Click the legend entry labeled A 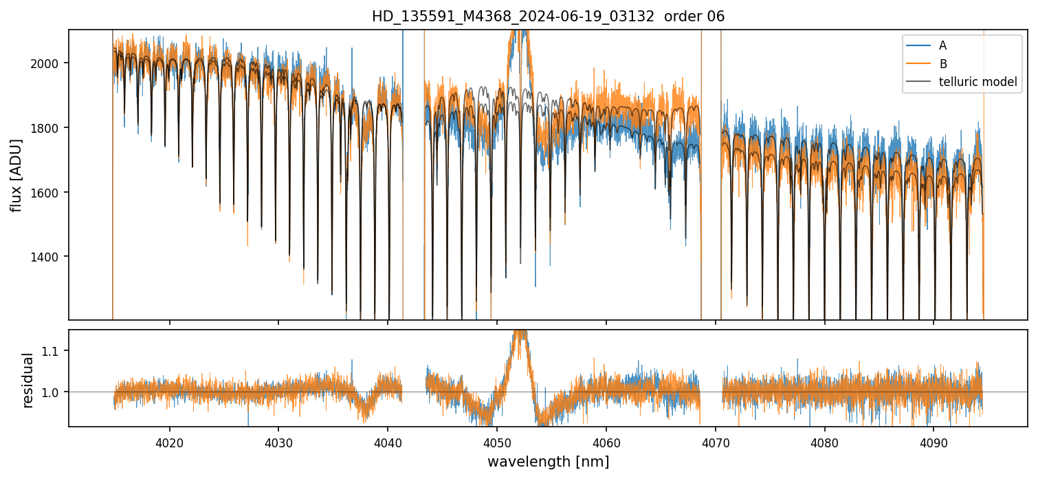[942, 45]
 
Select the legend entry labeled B [942, 64]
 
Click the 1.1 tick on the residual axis [54, 351]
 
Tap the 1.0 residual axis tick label [54, 392]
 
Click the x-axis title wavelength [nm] [548, 461]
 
